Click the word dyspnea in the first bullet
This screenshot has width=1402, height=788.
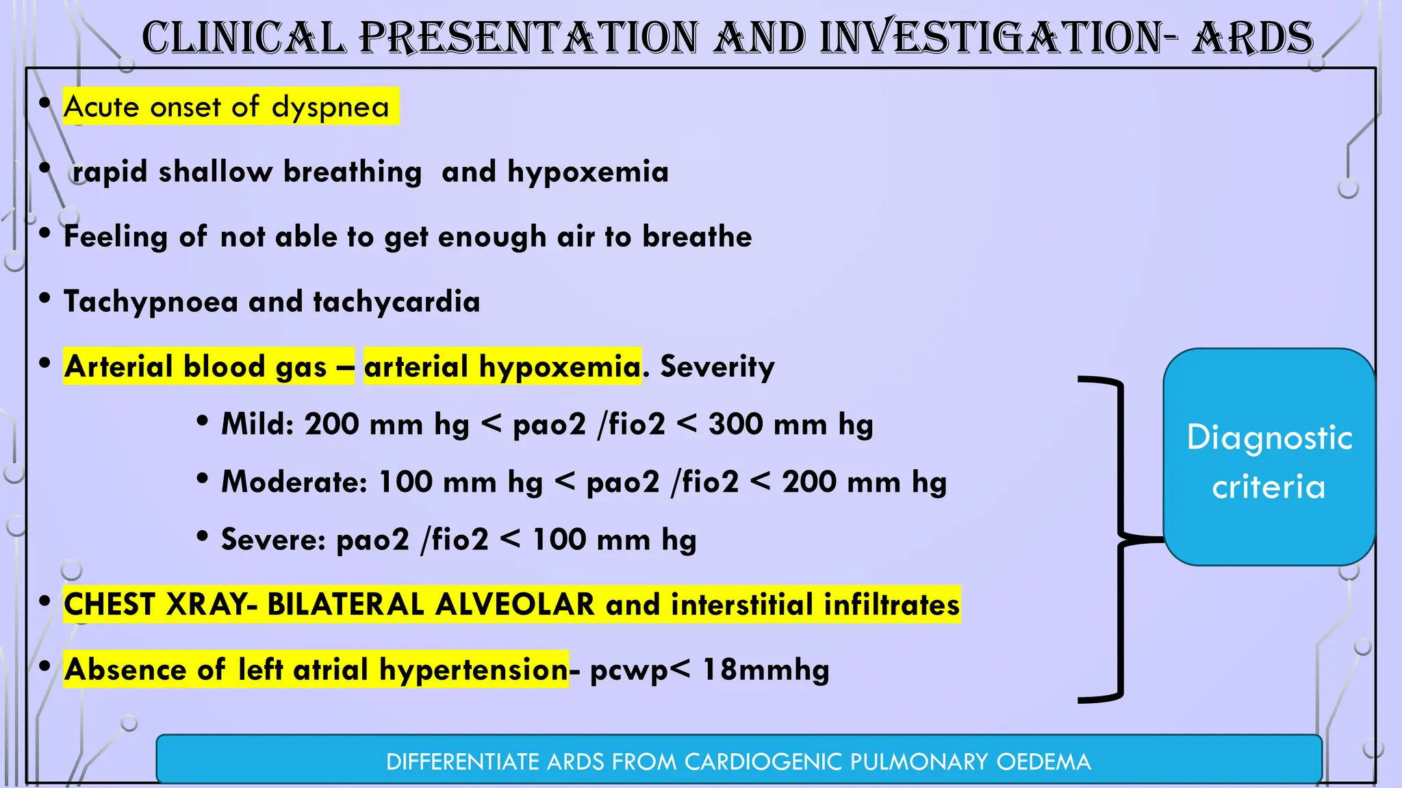pos(330,107)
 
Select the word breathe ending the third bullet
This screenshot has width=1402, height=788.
pos(696,237)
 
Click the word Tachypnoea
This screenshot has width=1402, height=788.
pos(150,302)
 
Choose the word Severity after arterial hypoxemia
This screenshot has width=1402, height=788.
pos(717,367)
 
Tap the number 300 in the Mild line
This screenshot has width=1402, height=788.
pos(743,424)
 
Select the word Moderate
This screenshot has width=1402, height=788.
pos(294,482)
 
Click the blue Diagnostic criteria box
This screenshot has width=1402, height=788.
pos(1269,457)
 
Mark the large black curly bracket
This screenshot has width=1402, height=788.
pos(1120,538)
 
